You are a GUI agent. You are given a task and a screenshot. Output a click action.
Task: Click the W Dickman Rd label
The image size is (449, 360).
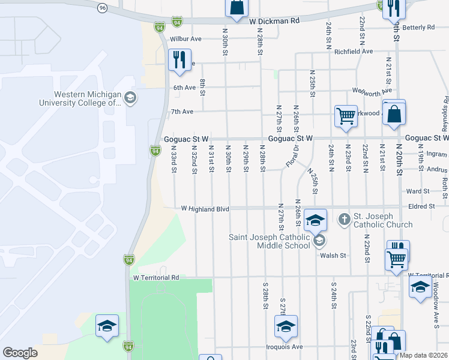click(x=274, y=20)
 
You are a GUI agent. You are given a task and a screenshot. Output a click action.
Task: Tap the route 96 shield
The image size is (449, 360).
click(x=103, y=7)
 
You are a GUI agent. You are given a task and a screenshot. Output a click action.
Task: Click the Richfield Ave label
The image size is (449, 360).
click(x=354, y=52)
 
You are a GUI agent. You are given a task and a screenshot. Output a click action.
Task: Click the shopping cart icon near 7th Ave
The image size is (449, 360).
click(x=346, y=116)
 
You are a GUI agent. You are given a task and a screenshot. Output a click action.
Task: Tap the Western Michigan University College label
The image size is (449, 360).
click(x=88, y=98)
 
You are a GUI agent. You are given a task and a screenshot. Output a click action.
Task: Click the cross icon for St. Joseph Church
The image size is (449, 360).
click(x=345, y=218)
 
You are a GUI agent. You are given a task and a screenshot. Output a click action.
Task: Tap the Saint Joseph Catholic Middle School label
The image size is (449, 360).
click(x=271, y=241)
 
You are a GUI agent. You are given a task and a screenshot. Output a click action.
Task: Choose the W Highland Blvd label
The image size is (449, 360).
click(x=205, y=209)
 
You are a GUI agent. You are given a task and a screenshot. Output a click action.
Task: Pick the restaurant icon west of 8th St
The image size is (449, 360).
click(x=179, y=59)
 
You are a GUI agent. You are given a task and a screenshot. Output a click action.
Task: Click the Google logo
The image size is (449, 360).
click(x=20, y=353)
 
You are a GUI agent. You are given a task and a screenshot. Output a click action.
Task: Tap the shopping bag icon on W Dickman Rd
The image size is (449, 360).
click(x=237, y=7)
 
